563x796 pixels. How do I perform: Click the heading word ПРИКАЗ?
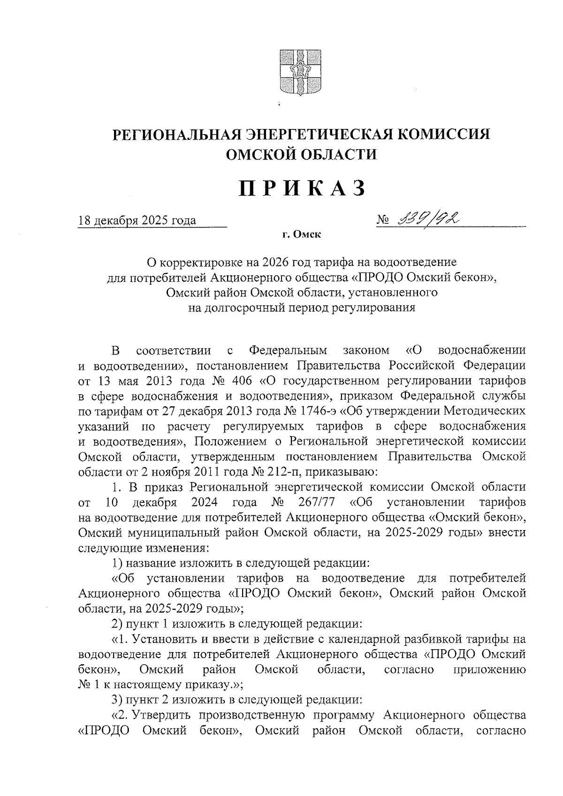(302, 189)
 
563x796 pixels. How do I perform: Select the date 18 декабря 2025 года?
(137, 220)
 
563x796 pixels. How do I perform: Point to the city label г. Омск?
(302, 235)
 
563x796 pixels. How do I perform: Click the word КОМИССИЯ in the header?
(444, 135)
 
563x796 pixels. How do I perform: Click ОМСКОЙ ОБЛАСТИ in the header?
(302, 154)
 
